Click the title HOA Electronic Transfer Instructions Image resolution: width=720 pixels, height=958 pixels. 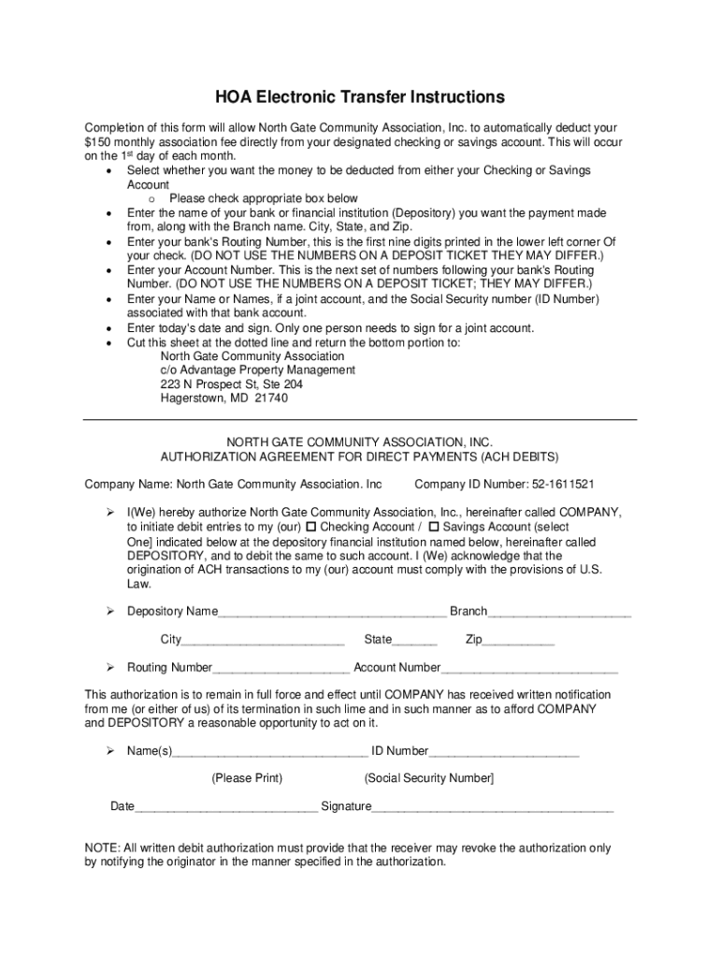pos(360,97)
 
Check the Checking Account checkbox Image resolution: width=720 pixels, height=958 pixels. pos(311,528)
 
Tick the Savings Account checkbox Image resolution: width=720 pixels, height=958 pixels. pos(434,528)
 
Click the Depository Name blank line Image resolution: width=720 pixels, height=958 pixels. pos(332,613)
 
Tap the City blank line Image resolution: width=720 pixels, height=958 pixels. pos(263,641)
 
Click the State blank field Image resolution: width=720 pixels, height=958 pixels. pos(414,641)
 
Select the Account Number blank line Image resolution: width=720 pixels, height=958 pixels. pos(529,669)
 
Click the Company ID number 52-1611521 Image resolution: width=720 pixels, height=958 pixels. pos(557,485)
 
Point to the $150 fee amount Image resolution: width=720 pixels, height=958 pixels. pos(97,141)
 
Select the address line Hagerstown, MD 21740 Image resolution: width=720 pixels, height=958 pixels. pos(224,399)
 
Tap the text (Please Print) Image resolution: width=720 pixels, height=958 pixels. pos(247,778)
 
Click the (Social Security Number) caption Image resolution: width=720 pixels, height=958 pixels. pos(429,778)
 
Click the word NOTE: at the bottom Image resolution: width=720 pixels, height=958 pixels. pos(102,849)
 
